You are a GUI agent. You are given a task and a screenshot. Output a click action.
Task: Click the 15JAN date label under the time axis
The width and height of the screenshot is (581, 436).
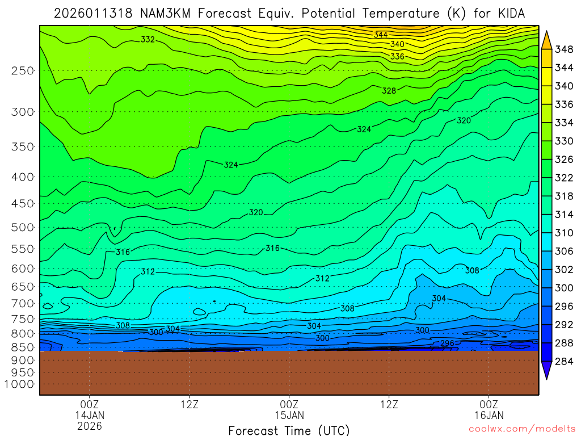[x=289, y=414]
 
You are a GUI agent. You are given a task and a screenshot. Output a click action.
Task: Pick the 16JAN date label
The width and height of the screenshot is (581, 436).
[x=489, y=414]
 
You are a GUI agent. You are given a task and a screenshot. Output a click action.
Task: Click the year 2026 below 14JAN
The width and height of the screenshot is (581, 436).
[x=89, y=425]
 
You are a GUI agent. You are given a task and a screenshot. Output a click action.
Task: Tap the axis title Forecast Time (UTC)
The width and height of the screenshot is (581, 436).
[x=289, y=430]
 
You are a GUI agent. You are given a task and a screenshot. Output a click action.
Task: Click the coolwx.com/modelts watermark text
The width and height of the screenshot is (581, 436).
[x=521, y=429]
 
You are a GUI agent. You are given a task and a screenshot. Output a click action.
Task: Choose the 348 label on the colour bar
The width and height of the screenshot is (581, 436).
[x=564, y=50]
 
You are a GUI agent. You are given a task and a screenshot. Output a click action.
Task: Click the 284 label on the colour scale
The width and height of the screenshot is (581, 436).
[x=564, y=361]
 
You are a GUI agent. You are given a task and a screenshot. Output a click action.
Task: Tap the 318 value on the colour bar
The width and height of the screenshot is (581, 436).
[x=564, y=196]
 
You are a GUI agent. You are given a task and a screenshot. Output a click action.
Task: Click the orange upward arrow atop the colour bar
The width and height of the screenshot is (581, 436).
[x=546, y=39]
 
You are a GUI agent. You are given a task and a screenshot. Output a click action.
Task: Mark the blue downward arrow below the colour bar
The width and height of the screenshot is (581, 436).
[x=546, y=372]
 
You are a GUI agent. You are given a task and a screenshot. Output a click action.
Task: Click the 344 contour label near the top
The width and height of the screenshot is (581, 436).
[x=381, y=35]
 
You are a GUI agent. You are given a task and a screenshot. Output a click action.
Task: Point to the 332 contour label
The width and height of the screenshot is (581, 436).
[x=148, y=40]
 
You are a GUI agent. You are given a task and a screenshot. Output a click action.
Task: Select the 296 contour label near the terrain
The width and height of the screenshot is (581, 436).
[x=447, y=343]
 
